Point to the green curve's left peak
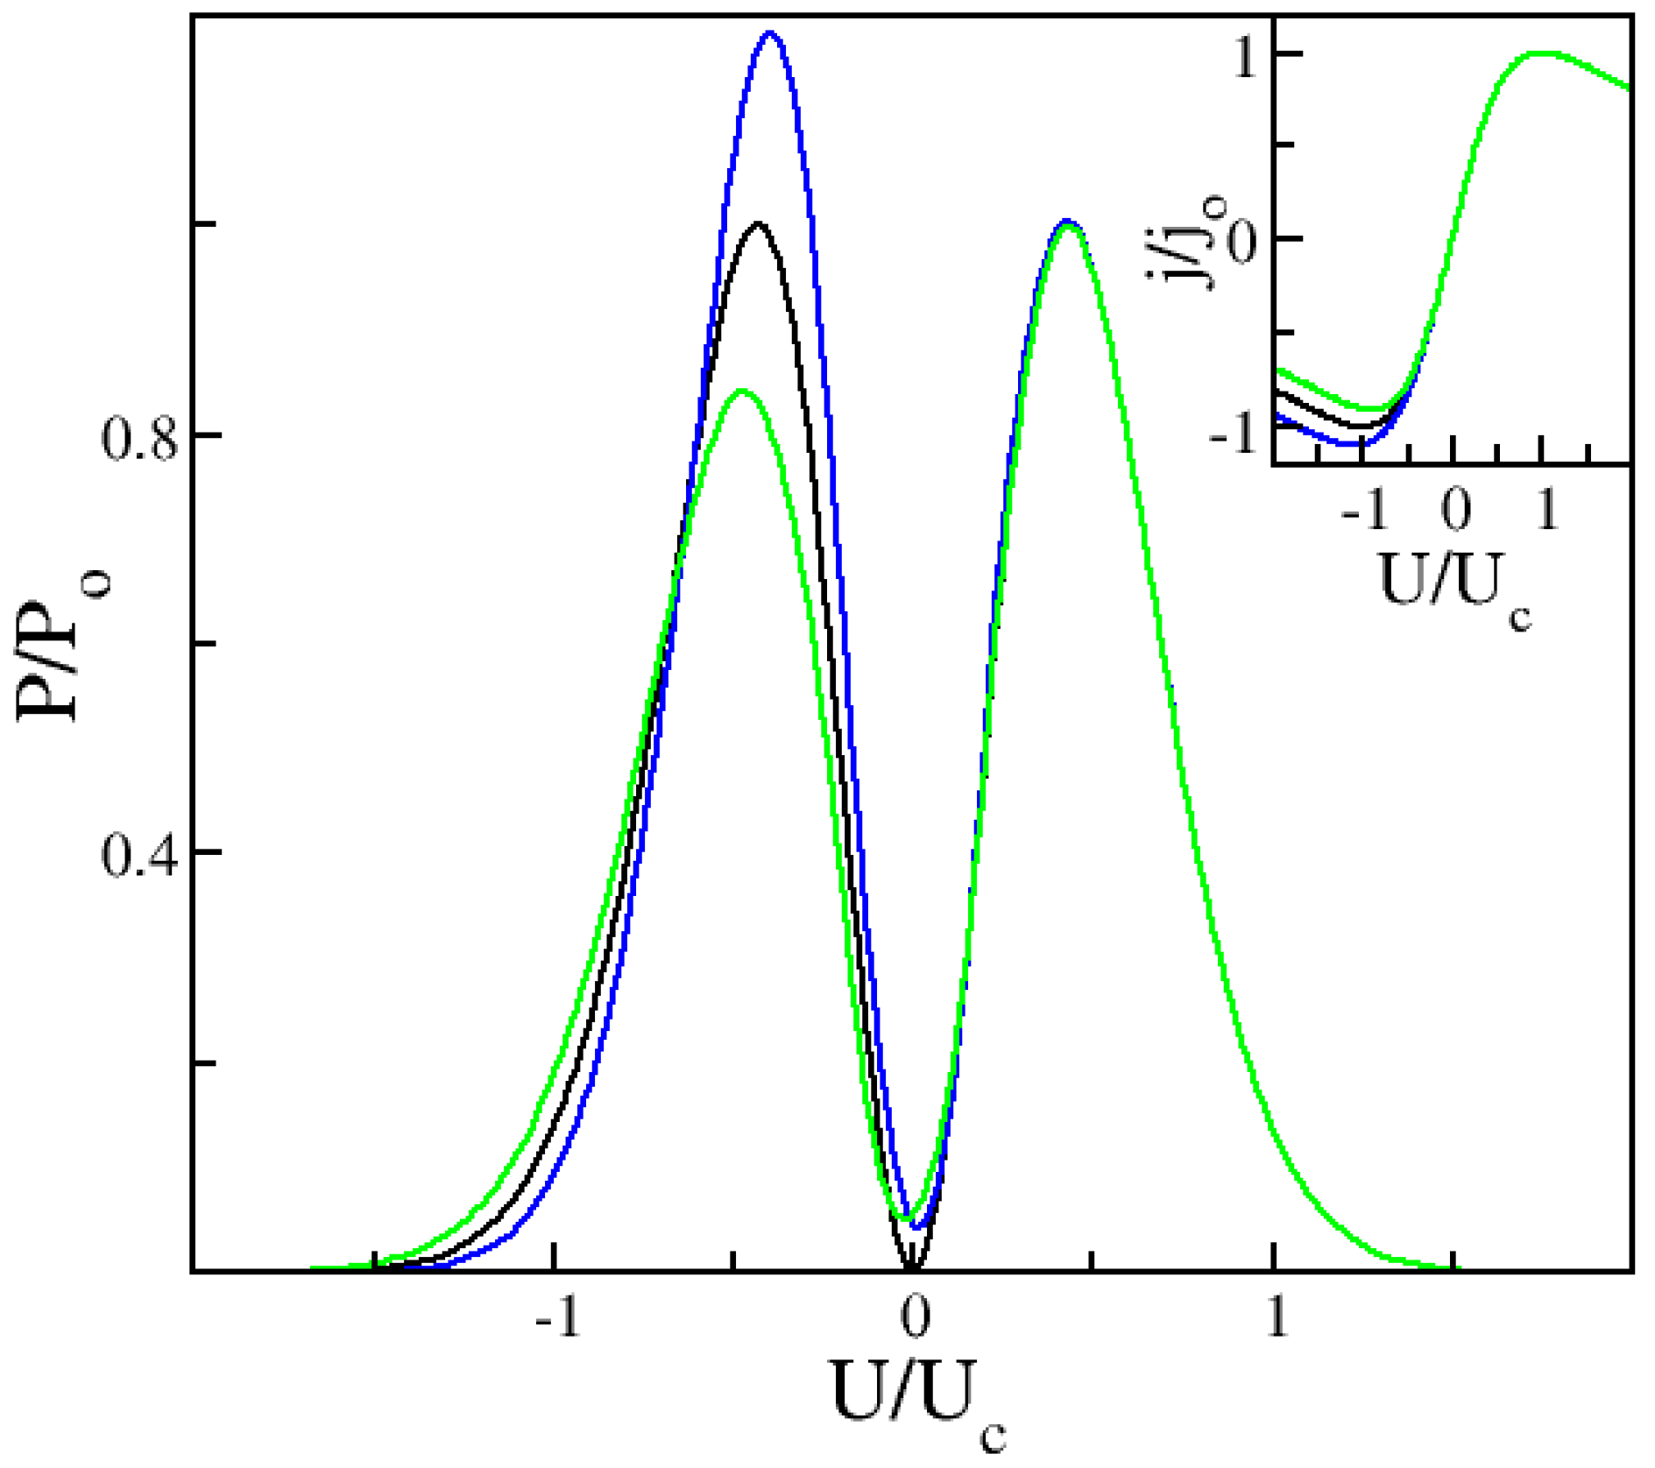(x=743, y=391)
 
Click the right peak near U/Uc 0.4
(x=1066, y=222)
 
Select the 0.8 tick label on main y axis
(x=138, y=437)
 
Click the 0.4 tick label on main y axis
(x=138, y=854)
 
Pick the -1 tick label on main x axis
(x=558, y=1315)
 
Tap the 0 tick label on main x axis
(x=914, y=1315)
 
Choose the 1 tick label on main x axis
(x=1277, y=1315)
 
